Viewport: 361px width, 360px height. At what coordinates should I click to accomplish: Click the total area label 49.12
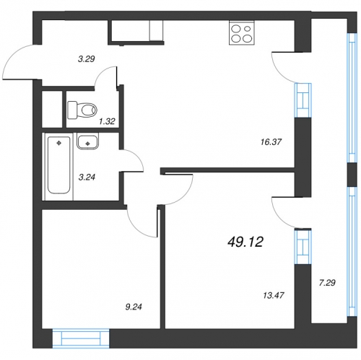coord(245,242)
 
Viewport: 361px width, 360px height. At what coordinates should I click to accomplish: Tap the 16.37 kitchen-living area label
coord(271,142)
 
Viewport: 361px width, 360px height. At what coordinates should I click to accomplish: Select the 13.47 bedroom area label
coord(274,295)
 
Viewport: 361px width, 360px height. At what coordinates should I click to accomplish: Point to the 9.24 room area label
coord(134,307)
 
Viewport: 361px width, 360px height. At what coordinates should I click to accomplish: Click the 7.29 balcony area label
coord(327,283)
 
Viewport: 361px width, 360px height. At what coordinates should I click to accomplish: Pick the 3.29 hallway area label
coord(87,58)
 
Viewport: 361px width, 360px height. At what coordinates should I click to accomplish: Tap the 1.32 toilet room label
coord(107,121)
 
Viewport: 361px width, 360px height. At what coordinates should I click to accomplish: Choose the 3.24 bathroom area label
coord(87,177)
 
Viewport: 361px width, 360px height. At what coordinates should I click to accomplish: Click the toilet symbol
coord(82,110)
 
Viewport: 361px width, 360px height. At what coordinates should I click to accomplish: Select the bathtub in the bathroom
coord(59,165)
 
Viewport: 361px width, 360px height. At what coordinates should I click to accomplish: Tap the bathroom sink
coord(87,141)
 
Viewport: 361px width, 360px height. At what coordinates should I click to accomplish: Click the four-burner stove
coord(242,33)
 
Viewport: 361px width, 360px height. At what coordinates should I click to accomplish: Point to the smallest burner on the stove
coord(248,29)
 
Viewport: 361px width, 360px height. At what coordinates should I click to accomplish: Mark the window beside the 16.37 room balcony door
coord(303,100)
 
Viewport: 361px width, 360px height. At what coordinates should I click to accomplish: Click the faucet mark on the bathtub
coord(58,144)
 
